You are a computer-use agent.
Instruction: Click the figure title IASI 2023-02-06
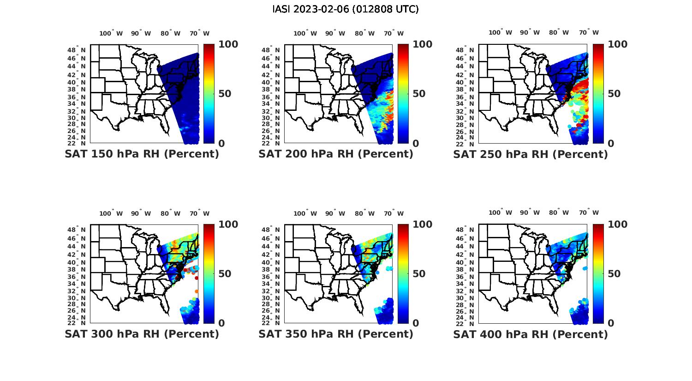pos(346,9)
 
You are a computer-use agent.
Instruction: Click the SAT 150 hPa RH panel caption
pos(142,154)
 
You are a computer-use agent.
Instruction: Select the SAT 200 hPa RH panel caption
pos(336,154)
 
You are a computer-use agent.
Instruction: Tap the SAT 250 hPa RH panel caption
pos(531,154)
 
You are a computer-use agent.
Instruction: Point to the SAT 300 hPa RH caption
pos(142,334)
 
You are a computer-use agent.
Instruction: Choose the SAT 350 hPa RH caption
pos(336,334)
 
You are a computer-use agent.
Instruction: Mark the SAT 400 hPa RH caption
pos(531,334)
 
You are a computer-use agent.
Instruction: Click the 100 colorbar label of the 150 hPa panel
pos(228,44)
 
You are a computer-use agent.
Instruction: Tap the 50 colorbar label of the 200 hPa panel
pos(419,94)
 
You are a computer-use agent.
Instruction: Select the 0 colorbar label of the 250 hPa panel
pos(611,143)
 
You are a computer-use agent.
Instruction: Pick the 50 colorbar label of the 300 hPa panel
pos(225,274)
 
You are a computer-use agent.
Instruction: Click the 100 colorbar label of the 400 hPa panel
pos(617,224)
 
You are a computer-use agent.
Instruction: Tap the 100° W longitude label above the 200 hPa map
pos(305,33)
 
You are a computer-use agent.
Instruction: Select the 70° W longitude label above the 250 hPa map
pos(589,32)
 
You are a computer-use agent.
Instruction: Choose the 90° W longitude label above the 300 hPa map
pos(141,213)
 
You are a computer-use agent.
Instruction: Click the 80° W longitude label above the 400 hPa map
pos(559,212)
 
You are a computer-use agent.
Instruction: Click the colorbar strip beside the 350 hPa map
pos(403,273)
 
